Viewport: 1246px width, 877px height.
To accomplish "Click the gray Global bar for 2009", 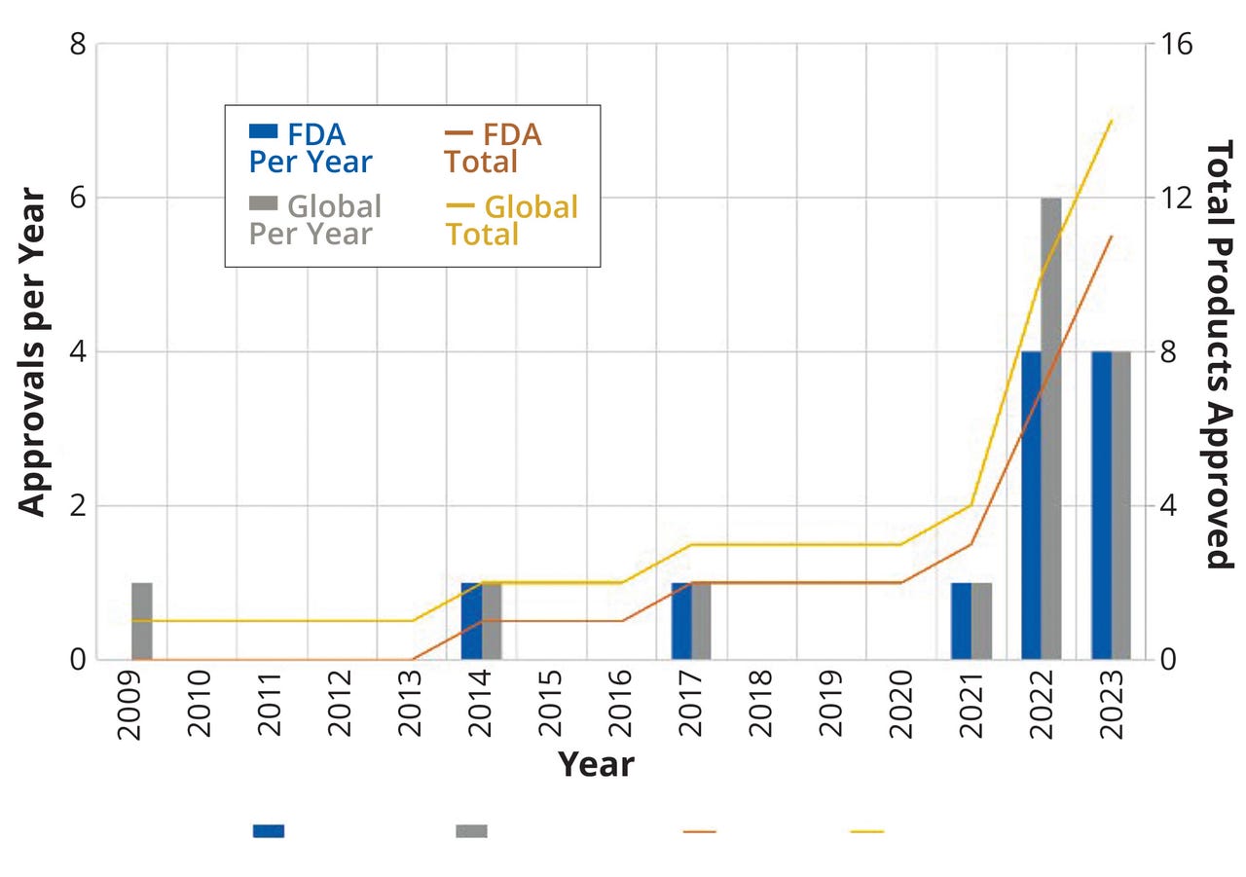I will pyautogui.click(x=142, y=621).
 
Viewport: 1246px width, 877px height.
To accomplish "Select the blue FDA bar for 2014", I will pyautogui.click(x=471, y=621).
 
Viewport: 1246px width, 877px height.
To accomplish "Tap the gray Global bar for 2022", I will pyautogui.click(x=1051, y=428).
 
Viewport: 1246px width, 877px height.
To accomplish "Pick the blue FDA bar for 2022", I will pyautogui.click(x=1031, y=505).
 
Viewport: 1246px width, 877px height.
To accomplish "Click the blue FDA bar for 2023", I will pyautogui.click(x=1101, y=505).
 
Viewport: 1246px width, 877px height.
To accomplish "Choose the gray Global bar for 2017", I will pyautogui.click(x=701, y=621).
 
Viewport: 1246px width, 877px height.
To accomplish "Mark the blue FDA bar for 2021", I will pyautogui.click(x=961, y=621).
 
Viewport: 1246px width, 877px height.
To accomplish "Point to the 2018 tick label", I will pyautogui.click(x=760, y=706).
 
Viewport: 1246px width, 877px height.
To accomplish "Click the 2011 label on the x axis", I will pyautogui.click(x=270, y=706).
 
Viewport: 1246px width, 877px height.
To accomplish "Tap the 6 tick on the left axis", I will pyautogui.click(x=77, y=198).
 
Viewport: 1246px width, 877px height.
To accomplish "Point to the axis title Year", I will pyautogui.click(x=595, y=765).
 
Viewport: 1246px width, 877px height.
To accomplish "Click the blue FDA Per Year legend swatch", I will pyautogui.click(x=264, y=131).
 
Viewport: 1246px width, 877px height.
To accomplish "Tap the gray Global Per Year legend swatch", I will pyautogui.click(x=264, y=203).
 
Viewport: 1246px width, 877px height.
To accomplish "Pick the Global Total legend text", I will pyautogui.click(x=512, y=221).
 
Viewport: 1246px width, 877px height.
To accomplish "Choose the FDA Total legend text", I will pyautogui.click(x=493, y=148).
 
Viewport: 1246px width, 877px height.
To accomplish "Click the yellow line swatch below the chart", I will pyautogui.click(x=866, y=832).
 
